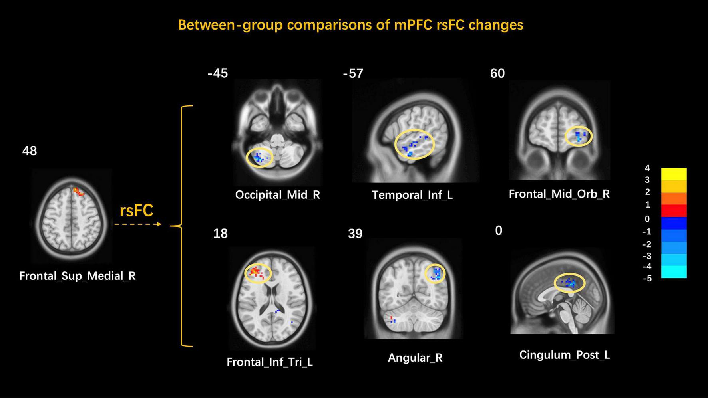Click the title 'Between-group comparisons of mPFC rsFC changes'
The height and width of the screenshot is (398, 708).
pos(350,25)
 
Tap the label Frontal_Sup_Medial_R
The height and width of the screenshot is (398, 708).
pos(78,276)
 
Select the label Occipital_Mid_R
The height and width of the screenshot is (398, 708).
pos(277,195)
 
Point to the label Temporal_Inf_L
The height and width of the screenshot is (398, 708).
pos(412,195)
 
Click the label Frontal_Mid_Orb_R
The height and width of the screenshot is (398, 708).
pos(559,194)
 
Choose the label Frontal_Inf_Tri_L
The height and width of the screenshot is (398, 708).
pos(270,362)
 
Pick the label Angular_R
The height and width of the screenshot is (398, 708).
pos(415,358)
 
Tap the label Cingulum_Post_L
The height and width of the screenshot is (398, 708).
pos(564,355)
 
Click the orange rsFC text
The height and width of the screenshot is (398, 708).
pos(137,211)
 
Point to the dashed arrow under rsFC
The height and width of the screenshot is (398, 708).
pos(138,224)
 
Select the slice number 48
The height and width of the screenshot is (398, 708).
pos(30,151)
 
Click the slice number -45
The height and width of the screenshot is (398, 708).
pos(218,73)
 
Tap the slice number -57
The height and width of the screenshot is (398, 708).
pos(353,73)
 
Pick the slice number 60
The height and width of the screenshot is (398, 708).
pos(497,73)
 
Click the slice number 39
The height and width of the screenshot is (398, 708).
pos(355,234)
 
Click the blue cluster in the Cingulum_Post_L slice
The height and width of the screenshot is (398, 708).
pos(570,283)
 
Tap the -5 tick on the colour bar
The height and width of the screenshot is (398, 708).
pos(647,278)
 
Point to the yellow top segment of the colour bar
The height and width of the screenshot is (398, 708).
pos(674,174)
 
